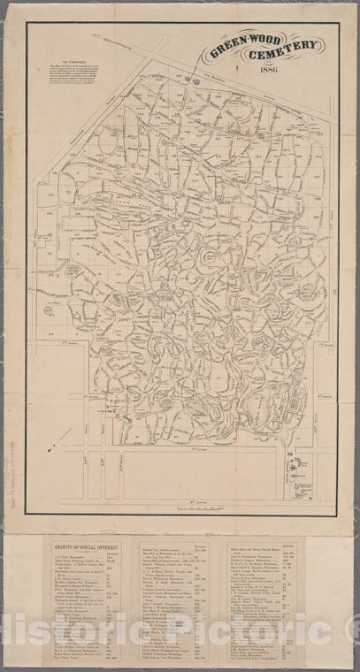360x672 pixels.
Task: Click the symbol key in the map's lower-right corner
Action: click(x=295, y=469)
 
